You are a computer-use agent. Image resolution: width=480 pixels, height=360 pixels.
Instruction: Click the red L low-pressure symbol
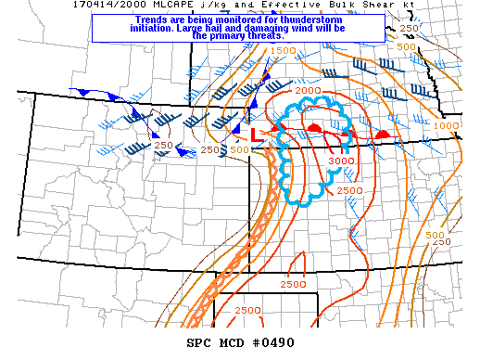point(258,136)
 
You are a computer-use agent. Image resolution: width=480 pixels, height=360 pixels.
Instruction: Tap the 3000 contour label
point(339,161)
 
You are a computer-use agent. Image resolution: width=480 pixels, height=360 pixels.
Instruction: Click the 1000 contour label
point(447,125)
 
